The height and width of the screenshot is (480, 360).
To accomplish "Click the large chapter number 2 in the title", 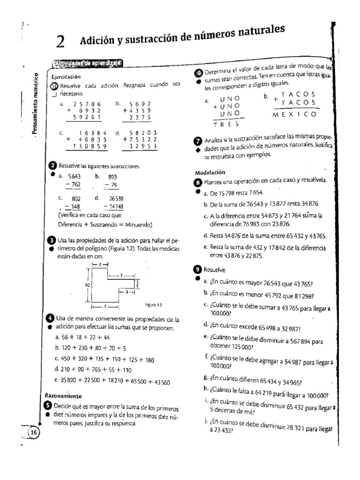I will tap(60, 42).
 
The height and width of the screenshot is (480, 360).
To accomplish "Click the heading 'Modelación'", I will tap(210, 172).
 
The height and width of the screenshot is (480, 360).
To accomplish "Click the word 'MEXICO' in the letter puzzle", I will tap(294, 114).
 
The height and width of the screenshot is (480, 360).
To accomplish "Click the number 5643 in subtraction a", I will tap(75, 176).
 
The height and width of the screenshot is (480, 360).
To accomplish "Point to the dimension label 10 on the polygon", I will tap(87, 285).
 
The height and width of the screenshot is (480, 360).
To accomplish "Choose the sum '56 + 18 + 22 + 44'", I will tap(82, 337).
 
